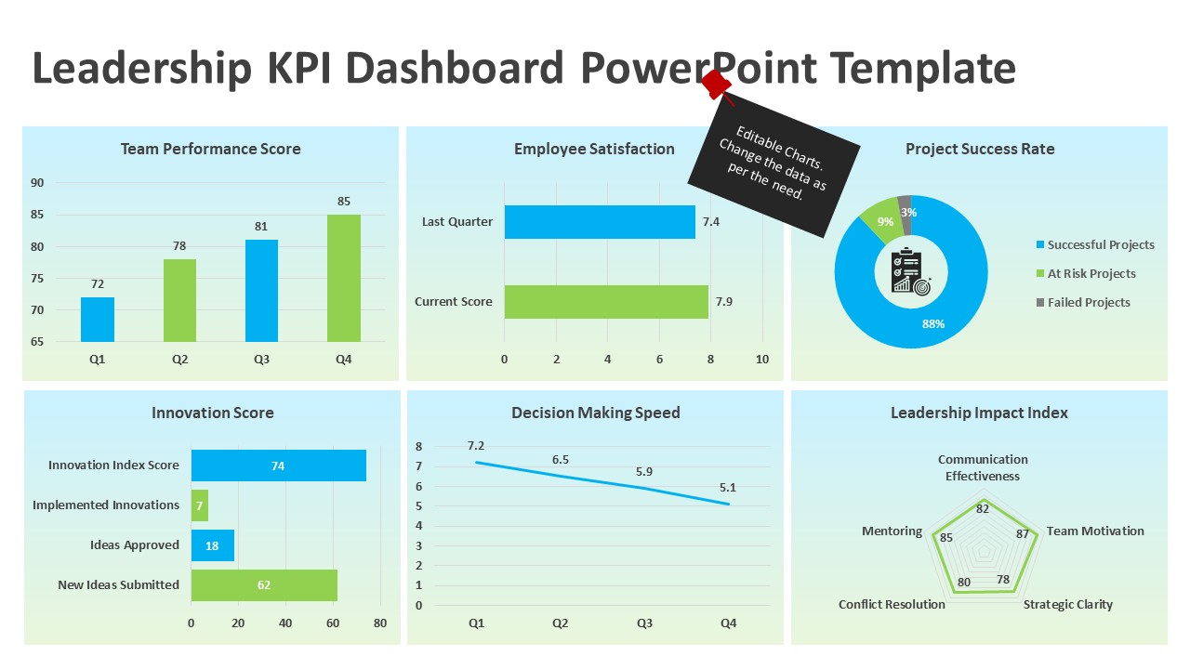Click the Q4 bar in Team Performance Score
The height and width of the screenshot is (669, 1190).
tap(343, 278)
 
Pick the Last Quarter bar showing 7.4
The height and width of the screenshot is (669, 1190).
tap(600, 222)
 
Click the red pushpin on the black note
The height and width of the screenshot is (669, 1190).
tap(716, 84)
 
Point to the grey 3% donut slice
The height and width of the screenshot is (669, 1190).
tap(905, 203)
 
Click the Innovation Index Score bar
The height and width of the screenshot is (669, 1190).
tap(278, 466)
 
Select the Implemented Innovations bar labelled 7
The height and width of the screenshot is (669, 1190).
tap(199, 505)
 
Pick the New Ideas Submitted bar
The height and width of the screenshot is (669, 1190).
tap(264, 585)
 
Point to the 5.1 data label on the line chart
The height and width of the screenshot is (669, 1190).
tap(728, 487)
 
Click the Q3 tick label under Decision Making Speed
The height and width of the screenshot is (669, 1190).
tap(644, 623)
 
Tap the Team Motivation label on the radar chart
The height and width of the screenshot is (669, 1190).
tap(1095, 531)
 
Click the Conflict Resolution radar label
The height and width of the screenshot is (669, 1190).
tap(892, 605)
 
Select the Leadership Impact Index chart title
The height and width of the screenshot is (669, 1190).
tap(979, 413)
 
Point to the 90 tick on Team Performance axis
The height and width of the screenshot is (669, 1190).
tap(37, 183)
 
